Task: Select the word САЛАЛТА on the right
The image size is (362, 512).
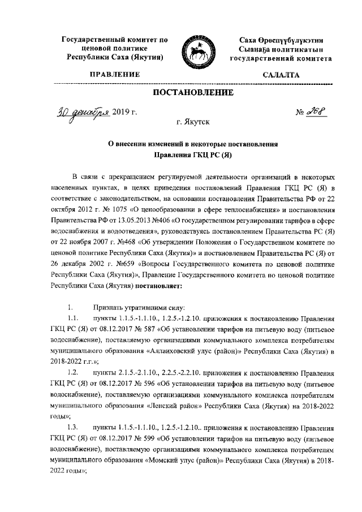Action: (281, 75)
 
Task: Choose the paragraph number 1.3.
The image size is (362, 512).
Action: (72, 426)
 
